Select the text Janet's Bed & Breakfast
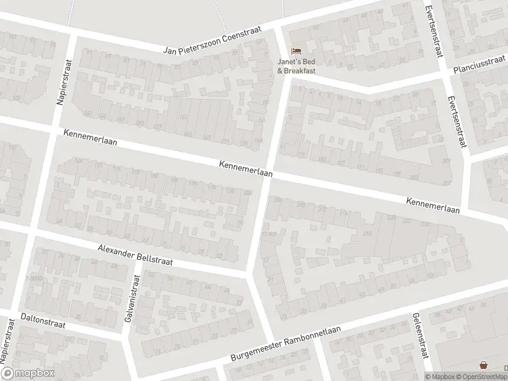[x=296, y=65]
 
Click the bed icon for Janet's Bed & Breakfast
[x=296, y=51]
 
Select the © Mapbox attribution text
[x=439, y=376]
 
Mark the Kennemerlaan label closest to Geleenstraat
[x=432, y=205]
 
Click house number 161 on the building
[x=184, y=118]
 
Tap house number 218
[x=366, y=234]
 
